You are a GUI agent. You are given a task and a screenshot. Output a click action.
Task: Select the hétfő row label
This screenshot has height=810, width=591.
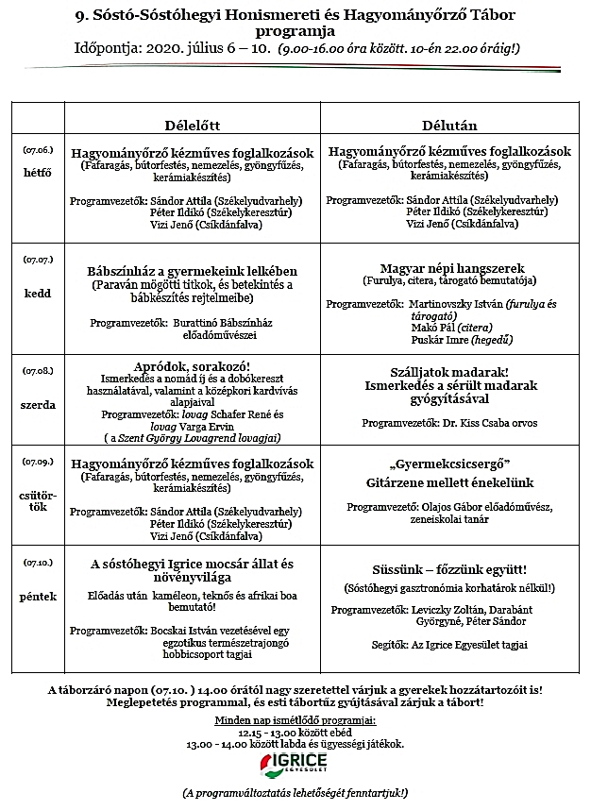37,171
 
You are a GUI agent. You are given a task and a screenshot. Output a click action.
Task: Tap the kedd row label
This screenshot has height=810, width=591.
37,293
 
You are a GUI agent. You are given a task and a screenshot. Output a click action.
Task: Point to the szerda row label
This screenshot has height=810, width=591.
37,404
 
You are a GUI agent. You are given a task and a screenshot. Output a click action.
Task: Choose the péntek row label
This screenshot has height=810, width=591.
37,596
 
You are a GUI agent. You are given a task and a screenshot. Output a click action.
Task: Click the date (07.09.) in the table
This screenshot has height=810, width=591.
38,462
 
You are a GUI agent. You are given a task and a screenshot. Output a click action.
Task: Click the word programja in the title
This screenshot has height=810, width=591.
295,30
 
